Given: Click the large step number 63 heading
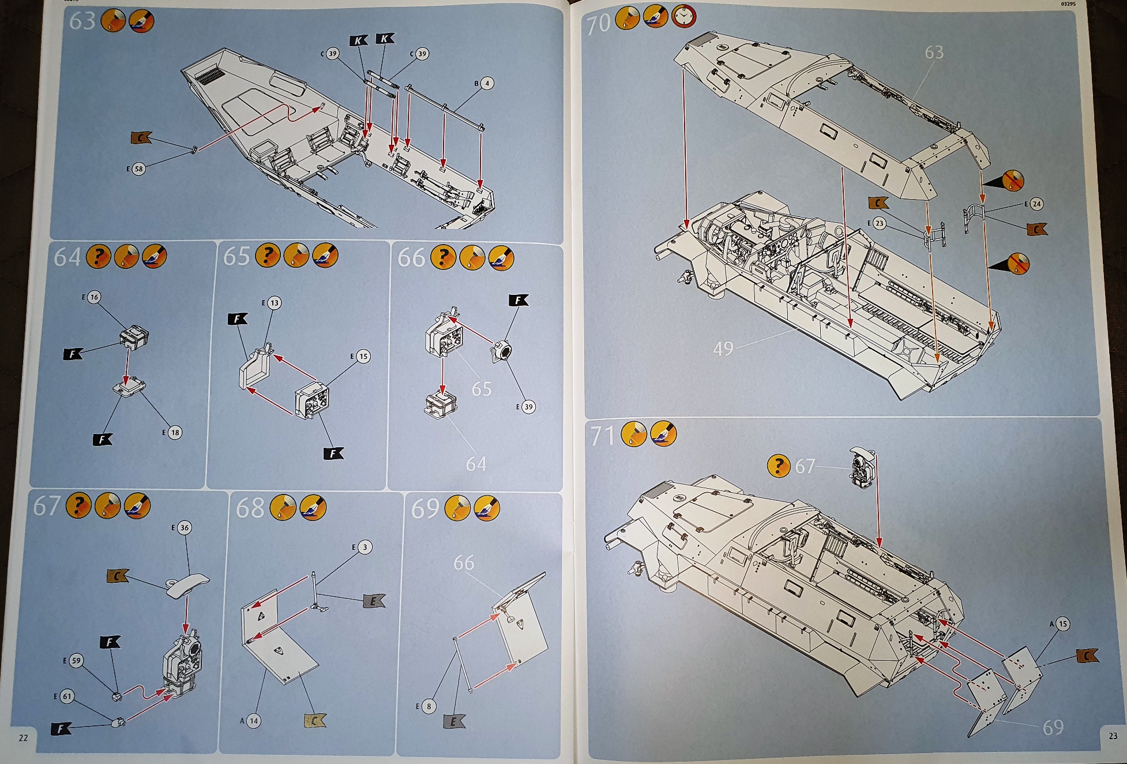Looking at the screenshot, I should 82,21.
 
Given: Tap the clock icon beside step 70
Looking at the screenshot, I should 683,17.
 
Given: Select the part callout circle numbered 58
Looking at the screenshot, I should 138,169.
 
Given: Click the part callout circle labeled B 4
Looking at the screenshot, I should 487,84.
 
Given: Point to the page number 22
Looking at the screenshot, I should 23,737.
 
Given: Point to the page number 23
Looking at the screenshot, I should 1113,736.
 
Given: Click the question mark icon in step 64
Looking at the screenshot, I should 99,256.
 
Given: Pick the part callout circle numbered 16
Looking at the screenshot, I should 94,297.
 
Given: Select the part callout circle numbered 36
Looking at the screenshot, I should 184,527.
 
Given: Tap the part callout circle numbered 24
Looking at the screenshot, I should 1036,204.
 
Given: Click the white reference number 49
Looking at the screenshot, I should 723,349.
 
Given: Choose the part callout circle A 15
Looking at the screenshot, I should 1062,624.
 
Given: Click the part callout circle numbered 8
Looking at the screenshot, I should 429,706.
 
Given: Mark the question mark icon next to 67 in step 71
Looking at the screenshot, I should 779,465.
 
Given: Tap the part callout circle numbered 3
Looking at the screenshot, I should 365,547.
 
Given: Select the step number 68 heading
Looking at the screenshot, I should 250,508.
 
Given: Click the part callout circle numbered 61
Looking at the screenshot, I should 67,696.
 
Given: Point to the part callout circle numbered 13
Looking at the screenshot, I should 274,303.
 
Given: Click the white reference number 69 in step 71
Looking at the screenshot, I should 1053,728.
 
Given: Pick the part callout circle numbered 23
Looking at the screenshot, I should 879,223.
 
